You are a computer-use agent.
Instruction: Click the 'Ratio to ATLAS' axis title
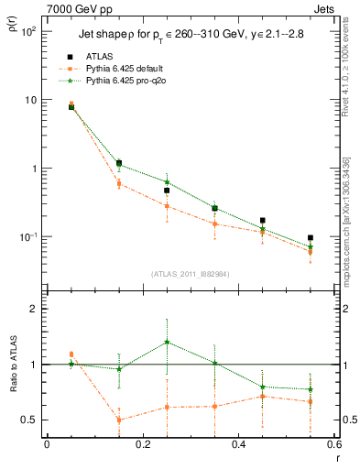click(x=13, y=365)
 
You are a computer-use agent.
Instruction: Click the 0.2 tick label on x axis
click(x=142, y=444)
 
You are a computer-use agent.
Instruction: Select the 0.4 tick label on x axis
click(x=238, y=444)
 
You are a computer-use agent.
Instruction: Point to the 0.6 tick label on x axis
click(x=333, y=444)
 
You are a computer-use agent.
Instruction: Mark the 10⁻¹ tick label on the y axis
click(x=27, y=237)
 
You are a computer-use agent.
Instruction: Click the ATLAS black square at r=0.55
click(x=311, y=237)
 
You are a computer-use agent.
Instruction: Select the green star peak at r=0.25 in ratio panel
click(x=167, y=343)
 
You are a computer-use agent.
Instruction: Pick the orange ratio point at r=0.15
click(x=119, y=420)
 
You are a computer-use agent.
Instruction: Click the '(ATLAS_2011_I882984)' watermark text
click(x=190, y=274)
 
